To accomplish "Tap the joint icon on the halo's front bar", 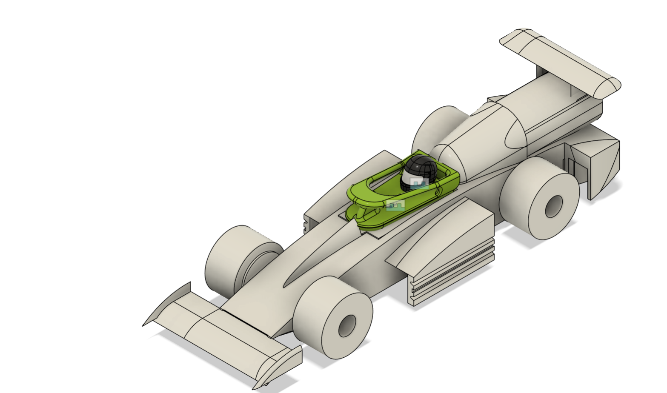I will (x=395, y=205).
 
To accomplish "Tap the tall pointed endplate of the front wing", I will (x=170, y=302).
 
